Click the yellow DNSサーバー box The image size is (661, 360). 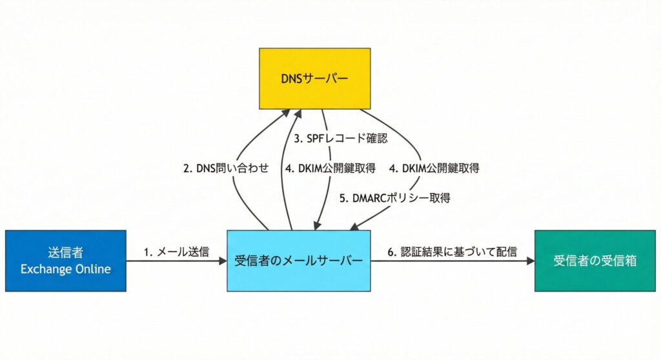point(314,78)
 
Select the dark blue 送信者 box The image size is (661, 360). point(65,261)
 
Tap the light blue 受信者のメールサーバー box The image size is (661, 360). point(298,261)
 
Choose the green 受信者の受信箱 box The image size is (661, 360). point(595,261)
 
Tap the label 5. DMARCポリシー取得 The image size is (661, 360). point(395,199)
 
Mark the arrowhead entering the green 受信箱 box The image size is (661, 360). point(531,261)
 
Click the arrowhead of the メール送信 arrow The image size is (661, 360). point(223,261)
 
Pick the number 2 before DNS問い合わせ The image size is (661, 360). point(186,168)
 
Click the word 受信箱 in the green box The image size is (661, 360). point(615,261)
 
